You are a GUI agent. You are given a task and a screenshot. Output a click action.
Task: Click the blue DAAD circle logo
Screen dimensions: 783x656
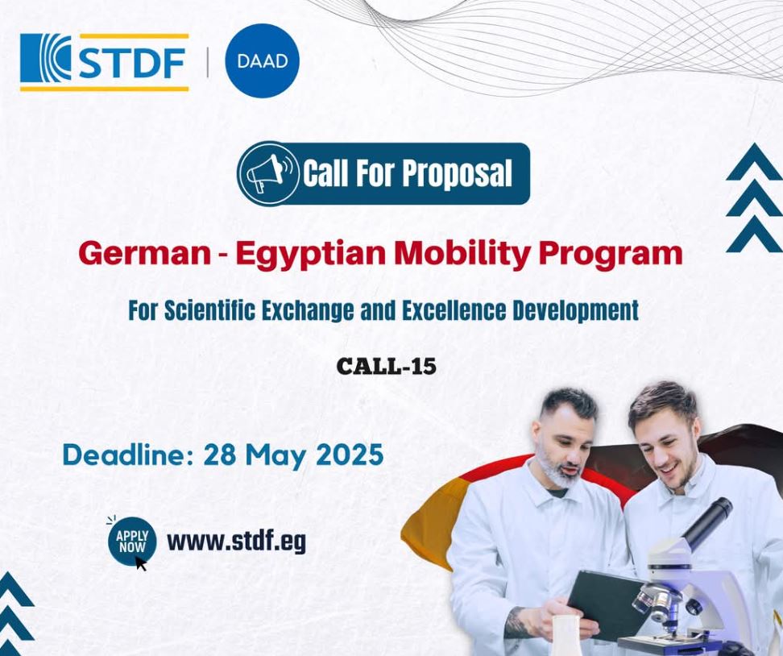point(262,60)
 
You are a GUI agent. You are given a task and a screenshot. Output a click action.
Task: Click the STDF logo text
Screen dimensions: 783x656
point(132,63)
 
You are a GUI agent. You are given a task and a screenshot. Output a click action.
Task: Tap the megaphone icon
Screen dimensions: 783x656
point(267,173)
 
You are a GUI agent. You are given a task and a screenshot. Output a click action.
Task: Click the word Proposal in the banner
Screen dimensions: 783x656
point(457,173)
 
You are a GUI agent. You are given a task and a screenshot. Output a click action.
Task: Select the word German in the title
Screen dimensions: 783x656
point(145,254)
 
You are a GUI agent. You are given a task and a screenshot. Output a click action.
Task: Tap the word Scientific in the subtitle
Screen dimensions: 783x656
point(209,311)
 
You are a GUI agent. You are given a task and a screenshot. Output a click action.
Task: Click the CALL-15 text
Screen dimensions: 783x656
point(387,366)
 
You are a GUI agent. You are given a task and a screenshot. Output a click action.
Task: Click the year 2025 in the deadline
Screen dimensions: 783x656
point(350,455)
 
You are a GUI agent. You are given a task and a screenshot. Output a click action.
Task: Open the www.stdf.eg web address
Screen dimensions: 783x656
point(236,542)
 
